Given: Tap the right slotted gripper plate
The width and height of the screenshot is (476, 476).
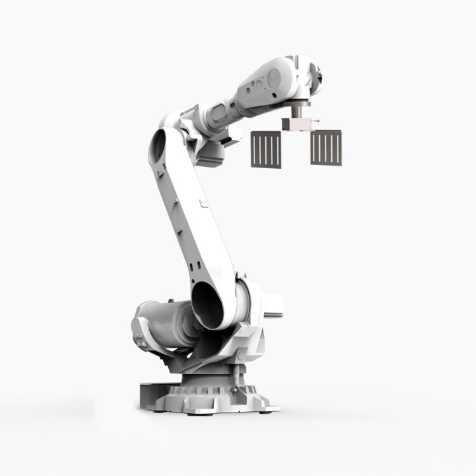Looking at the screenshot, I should (326, 147).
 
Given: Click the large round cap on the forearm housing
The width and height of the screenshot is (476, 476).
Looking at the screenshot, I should (274, 78).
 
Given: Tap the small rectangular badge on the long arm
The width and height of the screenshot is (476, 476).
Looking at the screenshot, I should (202, 204).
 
